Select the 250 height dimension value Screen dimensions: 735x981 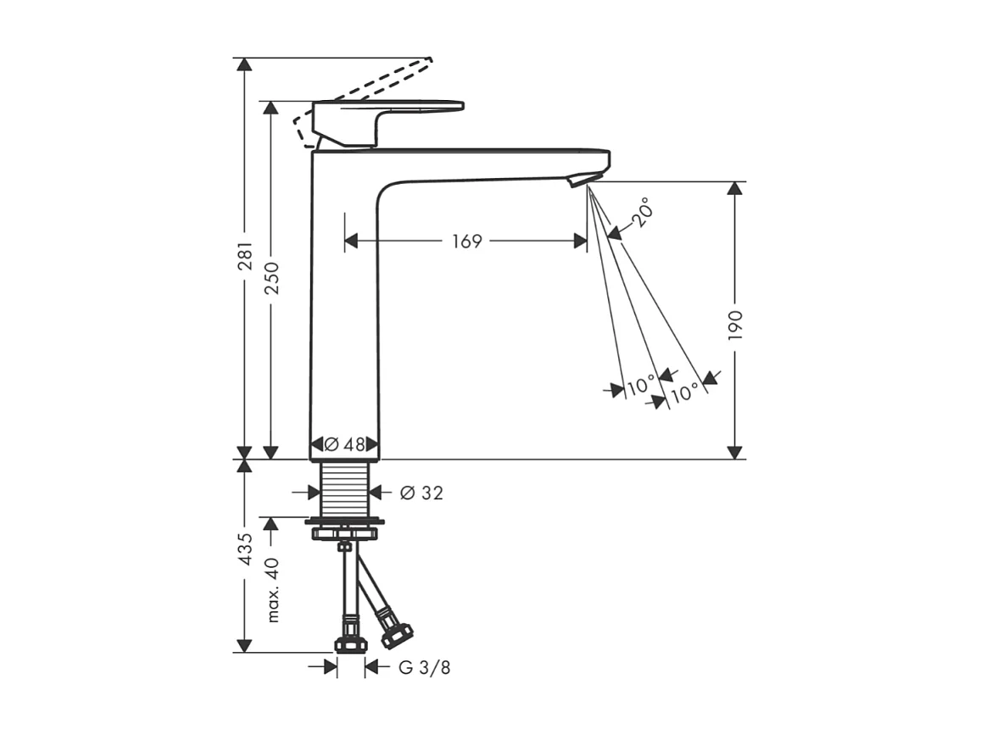click(x=271, y=277)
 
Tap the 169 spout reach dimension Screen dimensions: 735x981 click(x=466, y=242)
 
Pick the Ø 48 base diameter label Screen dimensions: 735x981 click(x=344, y=444)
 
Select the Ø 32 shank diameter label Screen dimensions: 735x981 click(x=421, y=493)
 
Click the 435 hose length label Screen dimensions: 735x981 click(x=244, y=548)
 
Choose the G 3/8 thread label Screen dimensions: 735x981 click(x=424, y=668)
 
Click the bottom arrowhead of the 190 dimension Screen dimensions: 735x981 click(x=734, y=451)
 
